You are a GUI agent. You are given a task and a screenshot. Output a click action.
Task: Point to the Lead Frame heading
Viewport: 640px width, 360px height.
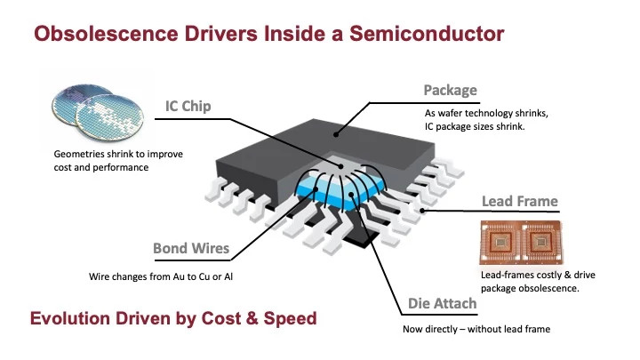[520, 202]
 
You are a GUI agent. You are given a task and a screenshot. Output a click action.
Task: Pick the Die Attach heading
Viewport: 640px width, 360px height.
[443, 304]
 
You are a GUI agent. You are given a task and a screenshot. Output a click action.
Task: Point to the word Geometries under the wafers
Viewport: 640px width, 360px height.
[80, 154]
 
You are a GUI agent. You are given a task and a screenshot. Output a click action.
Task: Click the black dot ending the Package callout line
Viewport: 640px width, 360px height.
[336, 134]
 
